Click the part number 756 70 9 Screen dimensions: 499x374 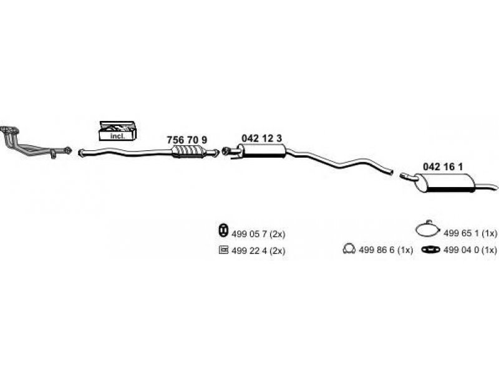click(187, 140)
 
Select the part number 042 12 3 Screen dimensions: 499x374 click(261, 138)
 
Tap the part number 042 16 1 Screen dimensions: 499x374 click(443, 166)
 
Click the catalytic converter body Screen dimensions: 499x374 click(188, 151)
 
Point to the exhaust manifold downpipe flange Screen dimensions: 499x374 click(9, 130)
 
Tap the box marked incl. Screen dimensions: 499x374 click(118, 131)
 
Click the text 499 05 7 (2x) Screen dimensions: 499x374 click(258, 234)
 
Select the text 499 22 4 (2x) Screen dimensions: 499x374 click(258, 251)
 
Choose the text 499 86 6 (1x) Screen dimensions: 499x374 click(385, 250)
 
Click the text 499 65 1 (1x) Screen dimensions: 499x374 click(470, 233)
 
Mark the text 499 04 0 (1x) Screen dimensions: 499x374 click(470, 250)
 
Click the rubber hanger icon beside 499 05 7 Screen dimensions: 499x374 click(223, 230)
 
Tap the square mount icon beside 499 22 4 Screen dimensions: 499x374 click(223, 250)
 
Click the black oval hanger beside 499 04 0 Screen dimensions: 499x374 click(431, 250)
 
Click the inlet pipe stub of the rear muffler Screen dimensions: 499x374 click(407, 176)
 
